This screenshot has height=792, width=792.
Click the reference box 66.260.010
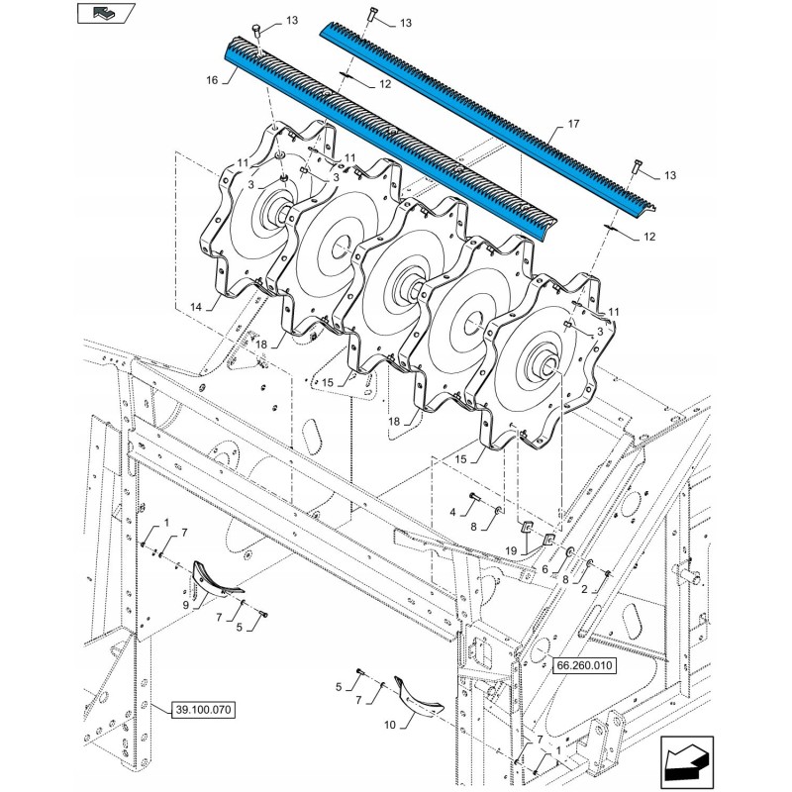pos(584,665)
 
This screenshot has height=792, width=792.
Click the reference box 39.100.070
pos(204,710)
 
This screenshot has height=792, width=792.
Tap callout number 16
pos(212,80)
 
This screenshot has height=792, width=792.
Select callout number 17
pos(574,124)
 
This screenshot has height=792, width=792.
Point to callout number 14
pos(196,307)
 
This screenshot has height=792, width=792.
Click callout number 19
pos(511,550)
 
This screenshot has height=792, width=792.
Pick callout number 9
pos(186,605)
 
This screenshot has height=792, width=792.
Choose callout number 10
pos(390,725)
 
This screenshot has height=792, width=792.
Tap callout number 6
pos(545,569)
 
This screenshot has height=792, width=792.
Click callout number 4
pos(452,512)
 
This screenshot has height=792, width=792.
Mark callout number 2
pos(584,589)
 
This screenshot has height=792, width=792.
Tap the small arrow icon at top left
pos(105,13)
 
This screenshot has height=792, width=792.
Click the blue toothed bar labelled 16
pos(390,140)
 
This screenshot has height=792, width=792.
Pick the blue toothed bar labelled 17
pos(489,120)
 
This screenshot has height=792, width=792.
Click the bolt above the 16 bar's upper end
pos(257,33)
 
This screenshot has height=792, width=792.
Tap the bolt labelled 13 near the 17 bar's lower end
pos(636,166)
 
